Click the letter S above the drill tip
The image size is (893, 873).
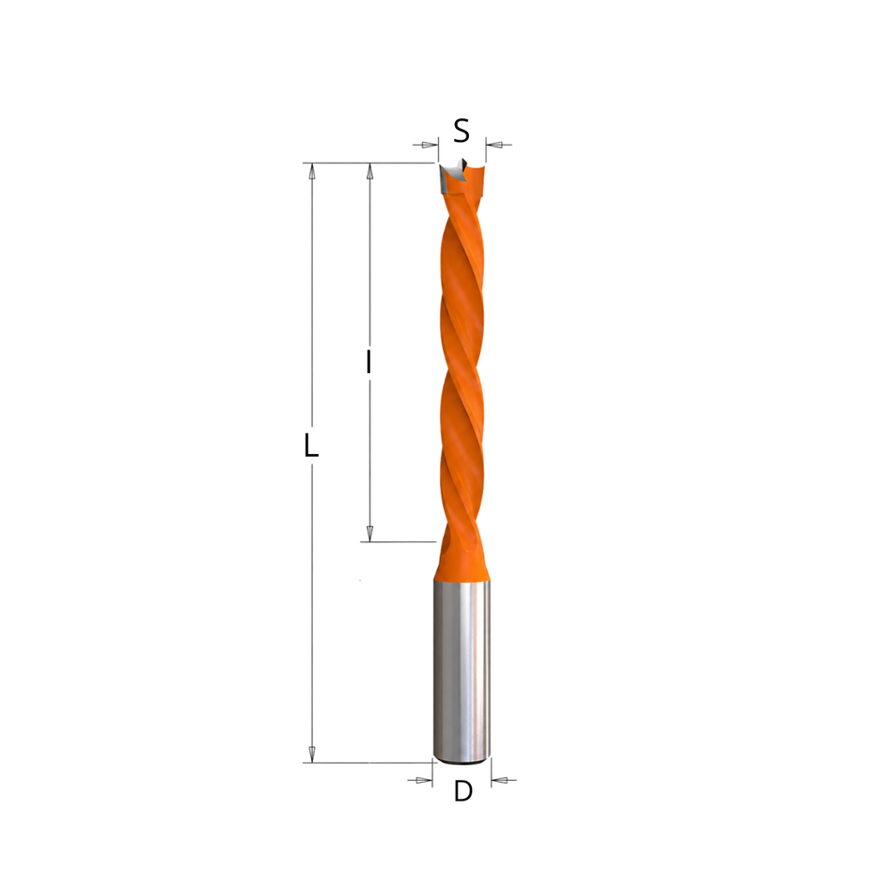[462, 131]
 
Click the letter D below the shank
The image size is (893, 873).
[463, 791]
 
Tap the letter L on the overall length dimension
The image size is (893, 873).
[310, 445]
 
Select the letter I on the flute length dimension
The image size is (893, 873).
[369, 362]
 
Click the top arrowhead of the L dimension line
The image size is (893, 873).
[311, 171]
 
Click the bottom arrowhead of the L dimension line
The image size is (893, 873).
[311, 754]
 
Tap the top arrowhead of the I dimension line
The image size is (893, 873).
[369, 171]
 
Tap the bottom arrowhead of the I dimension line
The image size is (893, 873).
[369, 534]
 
